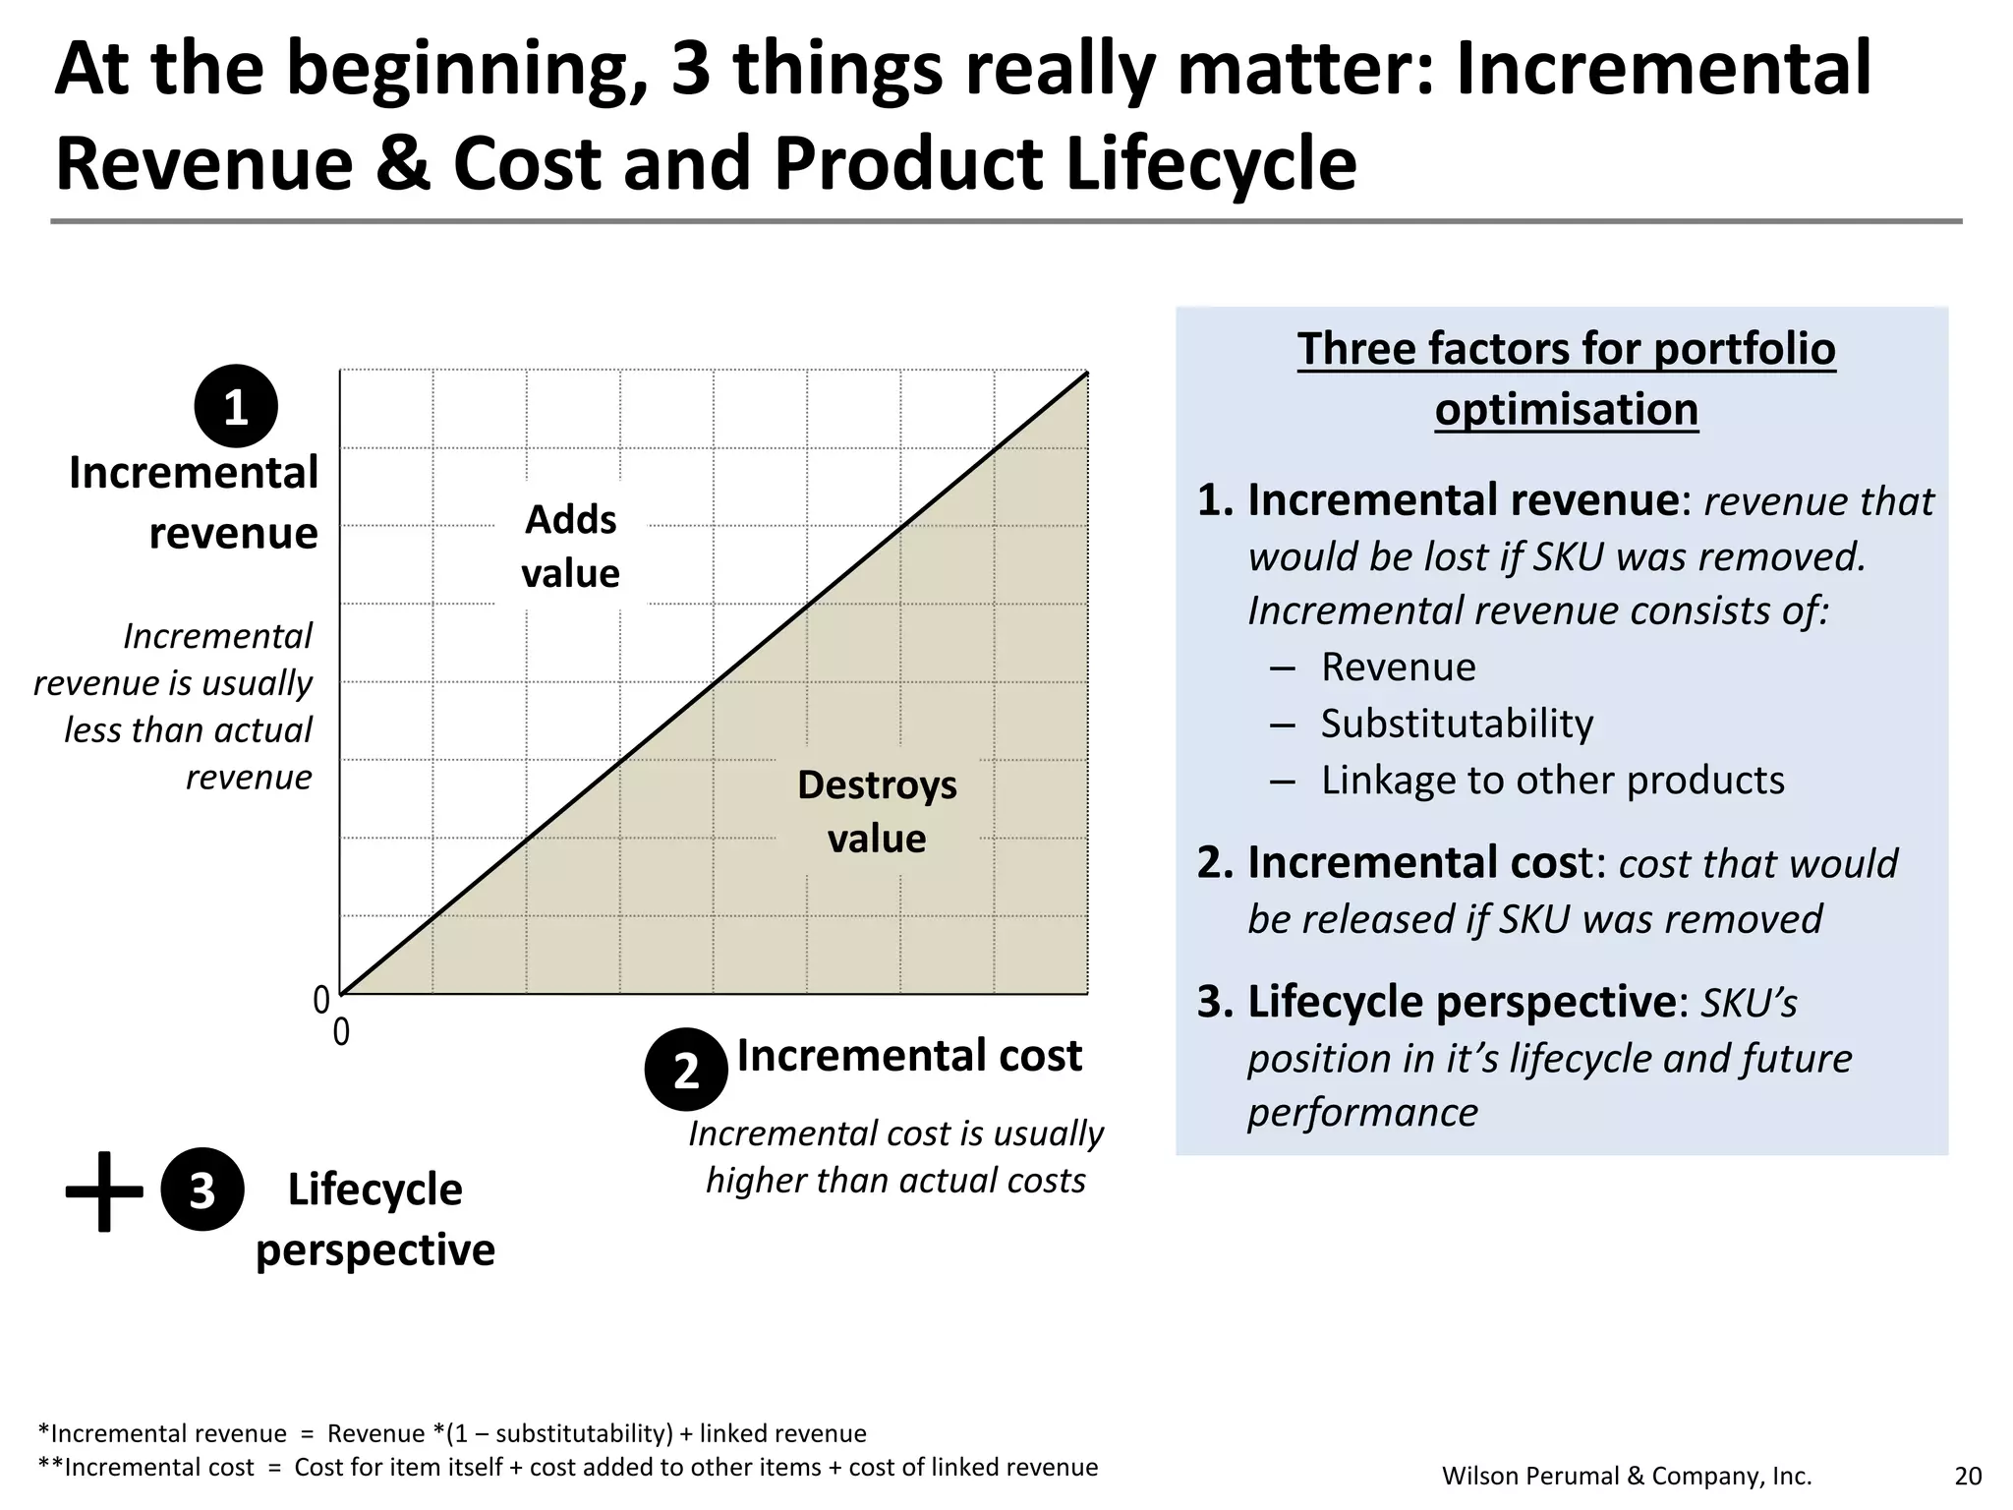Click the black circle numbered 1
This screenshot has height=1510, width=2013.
coord(236,406)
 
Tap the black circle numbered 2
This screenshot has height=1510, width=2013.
coord(686,1070)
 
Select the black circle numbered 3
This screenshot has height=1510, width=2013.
coord(201,1190)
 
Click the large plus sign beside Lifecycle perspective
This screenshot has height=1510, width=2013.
coord(103,1191)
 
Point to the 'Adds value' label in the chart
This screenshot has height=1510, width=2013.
coord(570,547)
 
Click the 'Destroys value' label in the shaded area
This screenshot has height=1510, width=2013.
coord(877,812)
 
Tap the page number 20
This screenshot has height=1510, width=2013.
coord(1968,1476)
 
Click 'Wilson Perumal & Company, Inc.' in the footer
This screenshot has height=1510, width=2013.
coord(1627,1476)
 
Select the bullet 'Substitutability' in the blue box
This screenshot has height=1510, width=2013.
coord(1457,724)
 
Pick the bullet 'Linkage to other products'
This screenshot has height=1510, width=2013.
coord(1552,781)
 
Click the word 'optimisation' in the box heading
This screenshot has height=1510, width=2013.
coord(1566,410)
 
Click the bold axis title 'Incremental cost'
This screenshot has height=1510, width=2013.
coord(909,1056)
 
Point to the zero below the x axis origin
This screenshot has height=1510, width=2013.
coord(341,1033)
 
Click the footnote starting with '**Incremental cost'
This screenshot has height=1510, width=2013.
coord(567,1468)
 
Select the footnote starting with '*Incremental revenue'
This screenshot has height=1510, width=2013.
coord(452,1433)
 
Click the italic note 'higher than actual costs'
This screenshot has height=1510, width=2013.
coord(895,1181)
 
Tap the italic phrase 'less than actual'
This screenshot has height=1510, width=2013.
coord(188,730)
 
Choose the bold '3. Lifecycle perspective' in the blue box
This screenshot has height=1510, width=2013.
coord(1436,1003)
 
